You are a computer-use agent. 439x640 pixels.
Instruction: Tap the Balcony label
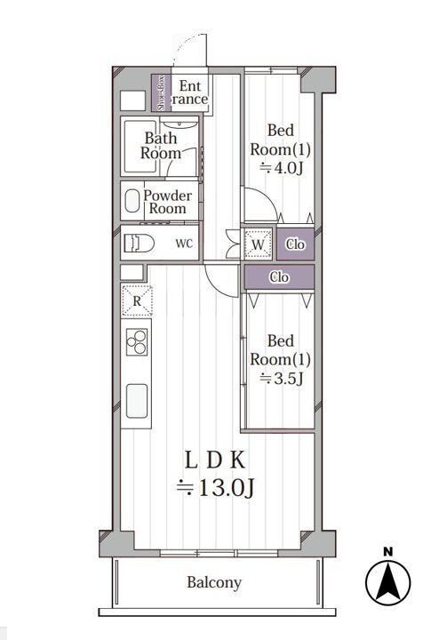(x=214, y=582)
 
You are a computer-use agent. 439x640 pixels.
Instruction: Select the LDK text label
(x=215, y=460)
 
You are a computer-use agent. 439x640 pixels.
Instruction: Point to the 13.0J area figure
(x=215, y=487)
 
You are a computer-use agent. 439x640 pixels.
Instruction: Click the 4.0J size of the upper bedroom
(x=282, y=168)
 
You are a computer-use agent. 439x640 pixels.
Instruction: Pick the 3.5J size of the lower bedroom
(x=282, y=379)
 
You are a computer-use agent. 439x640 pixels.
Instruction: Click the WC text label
(x=184, y=244)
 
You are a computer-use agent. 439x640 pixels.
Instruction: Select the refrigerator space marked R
(x=137, y=301)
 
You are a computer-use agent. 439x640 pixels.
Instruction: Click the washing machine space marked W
(x=258, y=244)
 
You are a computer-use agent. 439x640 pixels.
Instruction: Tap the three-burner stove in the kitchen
(x=137, y=342)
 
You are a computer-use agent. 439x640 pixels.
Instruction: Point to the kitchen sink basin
(x=137, y=401)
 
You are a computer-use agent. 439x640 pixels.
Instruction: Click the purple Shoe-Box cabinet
(x=161, y=92)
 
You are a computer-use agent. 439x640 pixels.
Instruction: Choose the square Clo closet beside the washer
(x=295, y=244)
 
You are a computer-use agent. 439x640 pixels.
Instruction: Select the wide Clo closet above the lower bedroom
(x=279, y=277)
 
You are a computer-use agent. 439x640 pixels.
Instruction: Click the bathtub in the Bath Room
(x=140, y=147)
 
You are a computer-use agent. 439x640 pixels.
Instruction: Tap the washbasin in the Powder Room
(x=132, y=201)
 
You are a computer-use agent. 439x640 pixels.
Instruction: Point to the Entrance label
(x=189, y=92)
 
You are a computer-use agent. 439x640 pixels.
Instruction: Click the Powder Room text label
(x=167, y=202)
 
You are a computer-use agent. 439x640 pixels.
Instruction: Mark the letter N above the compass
(x=388, y=552)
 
